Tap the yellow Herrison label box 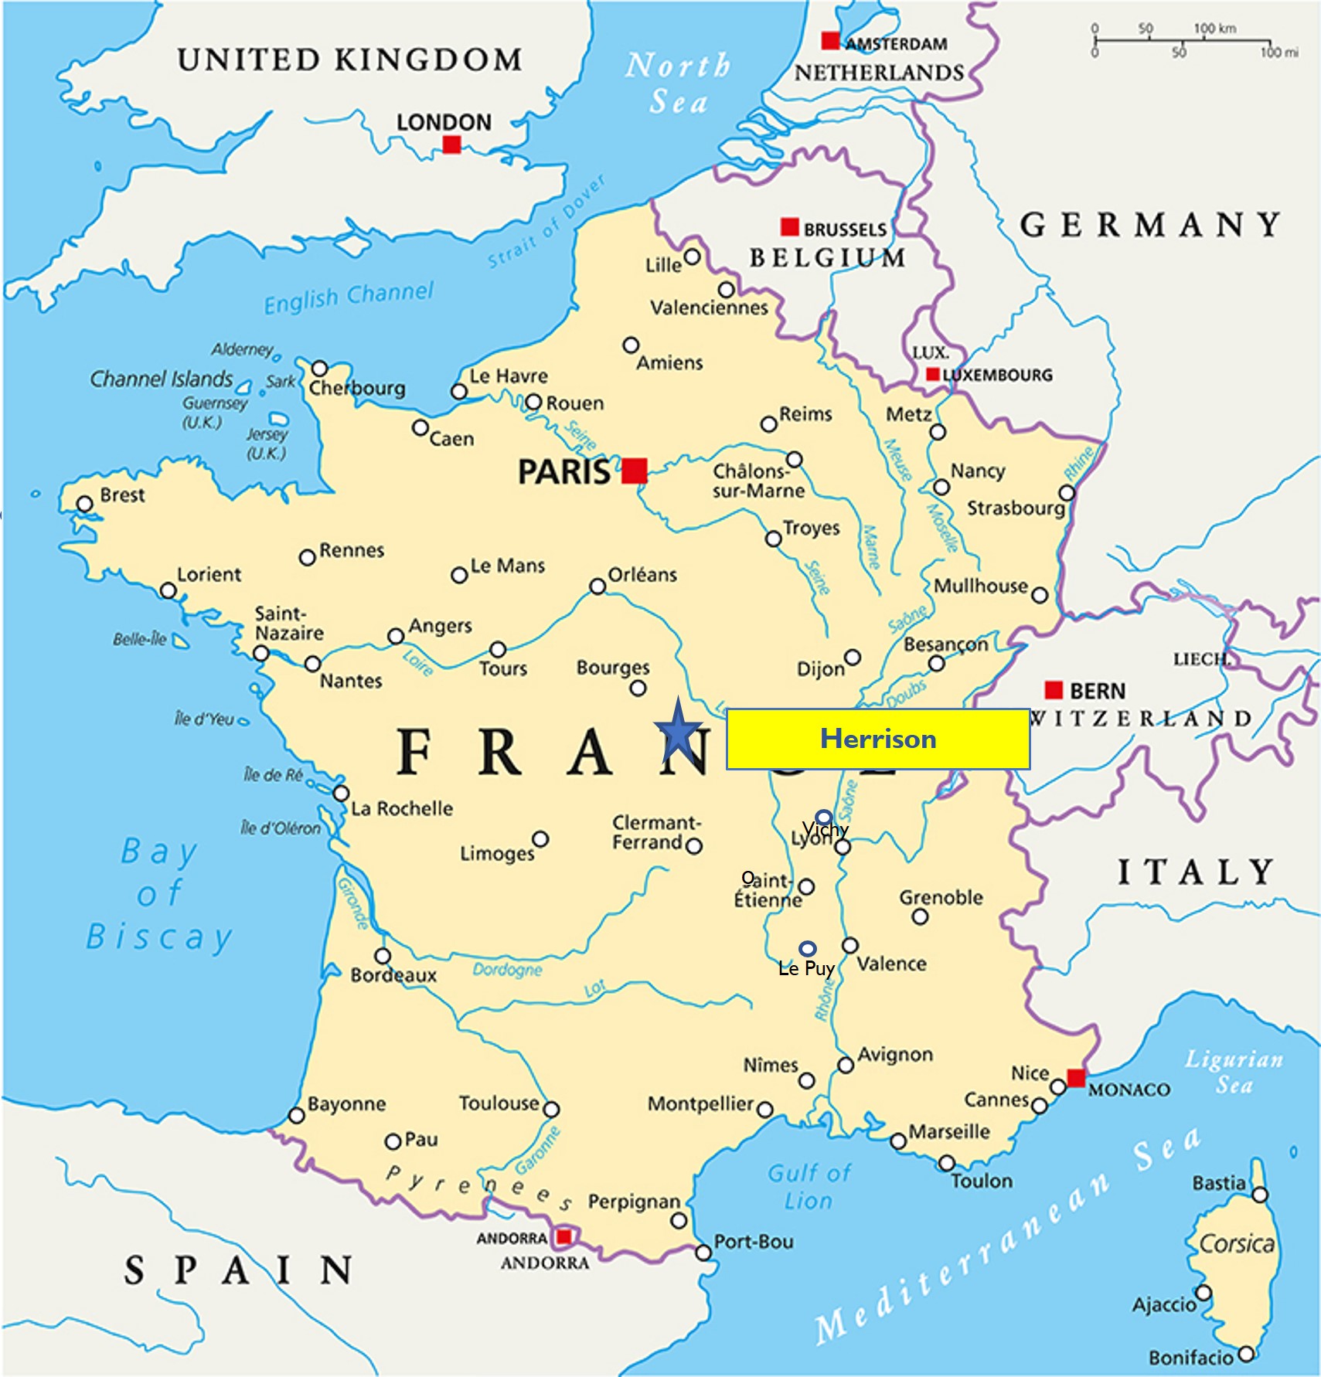(877, 739)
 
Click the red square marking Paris (635, 471)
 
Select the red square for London (452, 144)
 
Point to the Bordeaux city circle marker (382, 956)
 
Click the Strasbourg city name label (1016, 508)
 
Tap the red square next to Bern (1054, 689)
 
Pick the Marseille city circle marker (897, 1141)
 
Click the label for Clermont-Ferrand (655, 832)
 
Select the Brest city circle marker (84, 504)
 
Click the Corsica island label (1236, 1243)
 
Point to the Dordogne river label (507, 969)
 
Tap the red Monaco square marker (1076, 1077)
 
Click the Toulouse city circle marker (550, 1110)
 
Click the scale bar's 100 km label (1214, 29)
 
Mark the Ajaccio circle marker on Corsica (1203, 1292)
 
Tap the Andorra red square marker (564, 1237)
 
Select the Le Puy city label (805, 969)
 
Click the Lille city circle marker (693, 257)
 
